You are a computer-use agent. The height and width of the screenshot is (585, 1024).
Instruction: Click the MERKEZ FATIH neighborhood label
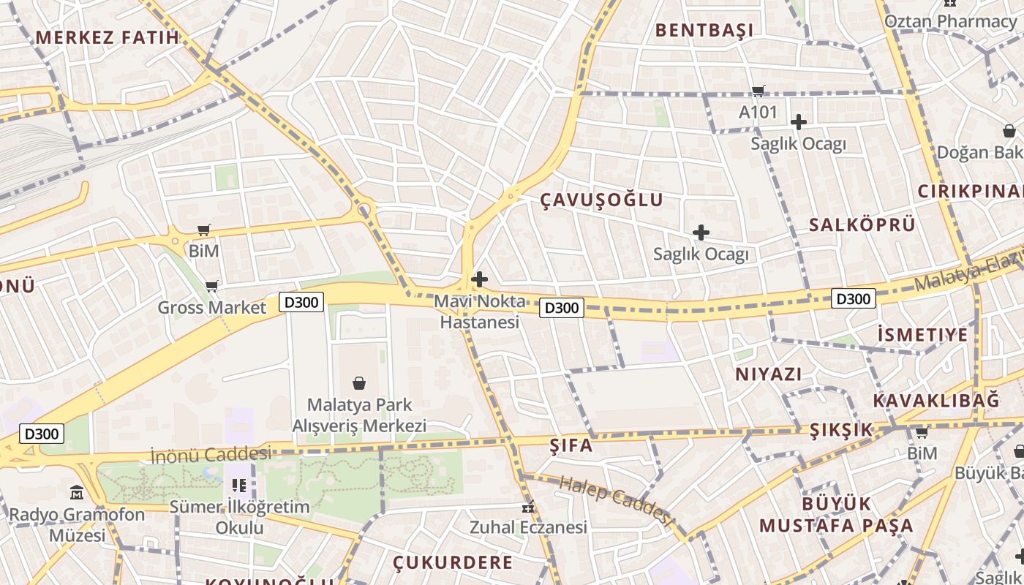pyautogui.click(x=107, y=37)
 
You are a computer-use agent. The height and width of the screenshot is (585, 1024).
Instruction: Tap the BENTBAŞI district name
pyautogui.click(x=704, y=30)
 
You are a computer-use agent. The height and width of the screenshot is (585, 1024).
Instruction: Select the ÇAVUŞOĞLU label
pyautogui.click(x=602, y=200)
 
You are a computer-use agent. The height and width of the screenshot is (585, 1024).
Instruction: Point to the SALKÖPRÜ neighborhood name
pyautogui.click(x=862, y=224)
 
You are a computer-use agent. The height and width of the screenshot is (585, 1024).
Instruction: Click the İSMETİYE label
pyautogui.click(x=922, y=335)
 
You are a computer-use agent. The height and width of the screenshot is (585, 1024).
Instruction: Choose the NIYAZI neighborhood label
pyautogui.click(x=768, y=374)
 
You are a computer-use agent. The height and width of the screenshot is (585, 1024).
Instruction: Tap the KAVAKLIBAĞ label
pyautogui.click(x=935, y=400)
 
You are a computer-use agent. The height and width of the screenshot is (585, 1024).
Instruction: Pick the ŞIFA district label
pyautogui.click(x=571, y=445)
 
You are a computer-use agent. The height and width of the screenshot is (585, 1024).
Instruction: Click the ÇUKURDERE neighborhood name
pyautogui.click(x=453, y=562)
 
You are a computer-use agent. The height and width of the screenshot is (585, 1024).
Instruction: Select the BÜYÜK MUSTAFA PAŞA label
pyautogui.click(x=836, y=515)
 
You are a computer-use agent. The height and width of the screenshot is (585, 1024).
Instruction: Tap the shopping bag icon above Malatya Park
pyautogui.click(x=359, y=382)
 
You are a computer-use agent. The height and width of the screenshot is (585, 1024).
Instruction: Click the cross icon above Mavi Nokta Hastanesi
pyautogui.click(x=480, y=279)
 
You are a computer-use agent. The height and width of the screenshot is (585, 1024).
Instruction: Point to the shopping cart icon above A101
pyautogui.click(x=758, y=91)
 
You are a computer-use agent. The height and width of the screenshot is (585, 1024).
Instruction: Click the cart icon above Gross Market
pyautogui.click(x=211, y=286)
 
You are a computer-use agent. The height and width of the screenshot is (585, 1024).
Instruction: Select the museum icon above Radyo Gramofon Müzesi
pyautogui.click(x=77, y=492)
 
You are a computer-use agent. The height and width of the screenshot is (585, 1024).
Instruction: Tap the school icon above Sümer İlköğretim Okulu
pyautogui.click(x=238, y=485)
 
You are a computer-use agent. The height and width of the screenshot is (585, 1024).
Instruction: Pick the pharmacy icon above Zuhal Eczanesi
pyautogui.click(x=528, y=506)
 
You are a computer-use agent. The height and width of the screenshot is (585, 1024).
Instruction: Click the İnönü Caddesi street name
pyautogui.click(x=211, y=454)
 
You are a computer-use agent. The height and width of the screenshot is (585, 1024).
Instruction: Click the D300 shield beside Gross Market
pyautogui.click(x=301, y=301)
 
